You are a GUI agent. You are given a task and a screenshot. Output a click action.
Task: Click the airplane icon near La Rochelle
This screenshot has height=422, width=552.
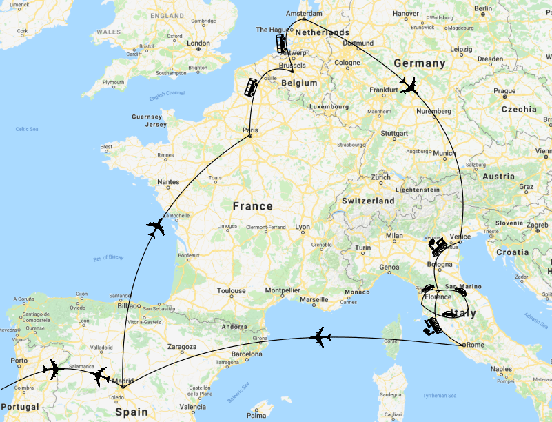pos(156,227)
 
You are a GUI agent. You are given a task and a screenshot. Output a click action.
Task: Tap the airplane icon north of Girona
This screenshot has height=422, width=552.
pos(320,337)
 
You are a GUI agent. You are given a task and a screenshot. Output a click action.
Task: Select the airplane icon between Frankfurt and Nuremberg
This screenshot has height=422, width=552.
pos(409,86)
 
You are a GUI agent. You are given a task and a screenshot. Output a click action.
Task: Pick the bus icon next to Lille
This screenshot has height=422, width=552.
pos(250,87)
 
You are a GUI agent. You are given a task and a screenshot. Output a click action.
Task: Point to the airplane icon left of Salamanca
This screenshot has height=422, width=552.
pos(52,370)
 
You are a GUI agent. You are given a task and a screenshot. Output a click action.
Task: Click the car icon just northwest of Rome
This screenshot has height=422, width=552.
pos(433,325)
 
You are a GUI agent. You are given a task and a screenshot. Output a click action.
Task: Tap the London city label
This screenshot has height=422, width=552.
pos(198,43)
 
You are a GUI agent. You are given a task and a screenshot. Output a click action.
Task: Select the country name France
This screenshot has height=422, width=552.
pos(252,206)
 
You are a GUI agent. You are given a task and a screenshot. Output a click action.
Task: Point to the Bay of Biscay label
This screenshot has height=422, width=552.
pos(108,258)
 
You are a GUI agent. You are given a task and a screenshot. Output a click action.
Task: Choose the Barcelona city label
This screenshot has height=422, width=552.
pos(247,355)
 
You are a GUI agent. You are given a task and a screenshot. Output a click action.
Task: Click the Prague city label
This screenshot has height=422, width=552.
pos(504,90)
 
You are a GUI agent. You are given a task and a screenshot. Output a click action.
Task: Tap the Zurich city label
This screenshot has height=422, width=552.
pos(380,177)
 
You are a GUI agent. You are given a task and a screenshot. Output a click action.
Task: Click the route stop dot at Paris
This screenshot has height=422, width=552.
pos(250,136)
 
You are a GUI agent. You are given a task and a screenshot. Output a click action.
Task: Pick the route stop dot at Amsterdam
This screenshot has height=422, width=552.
pos(304,19)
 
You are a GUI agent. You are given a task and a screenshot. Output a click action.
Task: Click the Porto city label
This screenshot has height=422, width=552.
pos(19,361)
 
